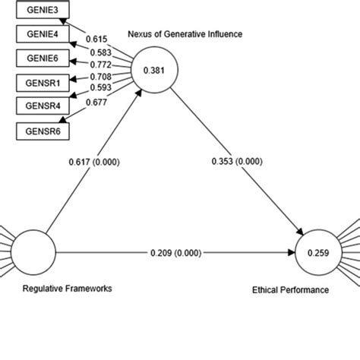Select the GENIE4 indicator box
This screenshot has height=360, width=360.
tap(39, 34)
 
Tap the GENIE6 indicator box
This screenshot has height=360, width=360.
tap(39, 58)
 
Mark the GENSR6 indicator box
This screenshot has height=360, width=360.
tap(39, 131)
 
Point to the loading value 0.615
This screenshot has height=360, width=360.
tap(96, 39)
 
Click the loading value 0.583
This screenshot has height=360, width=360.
tap(101, 51)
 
